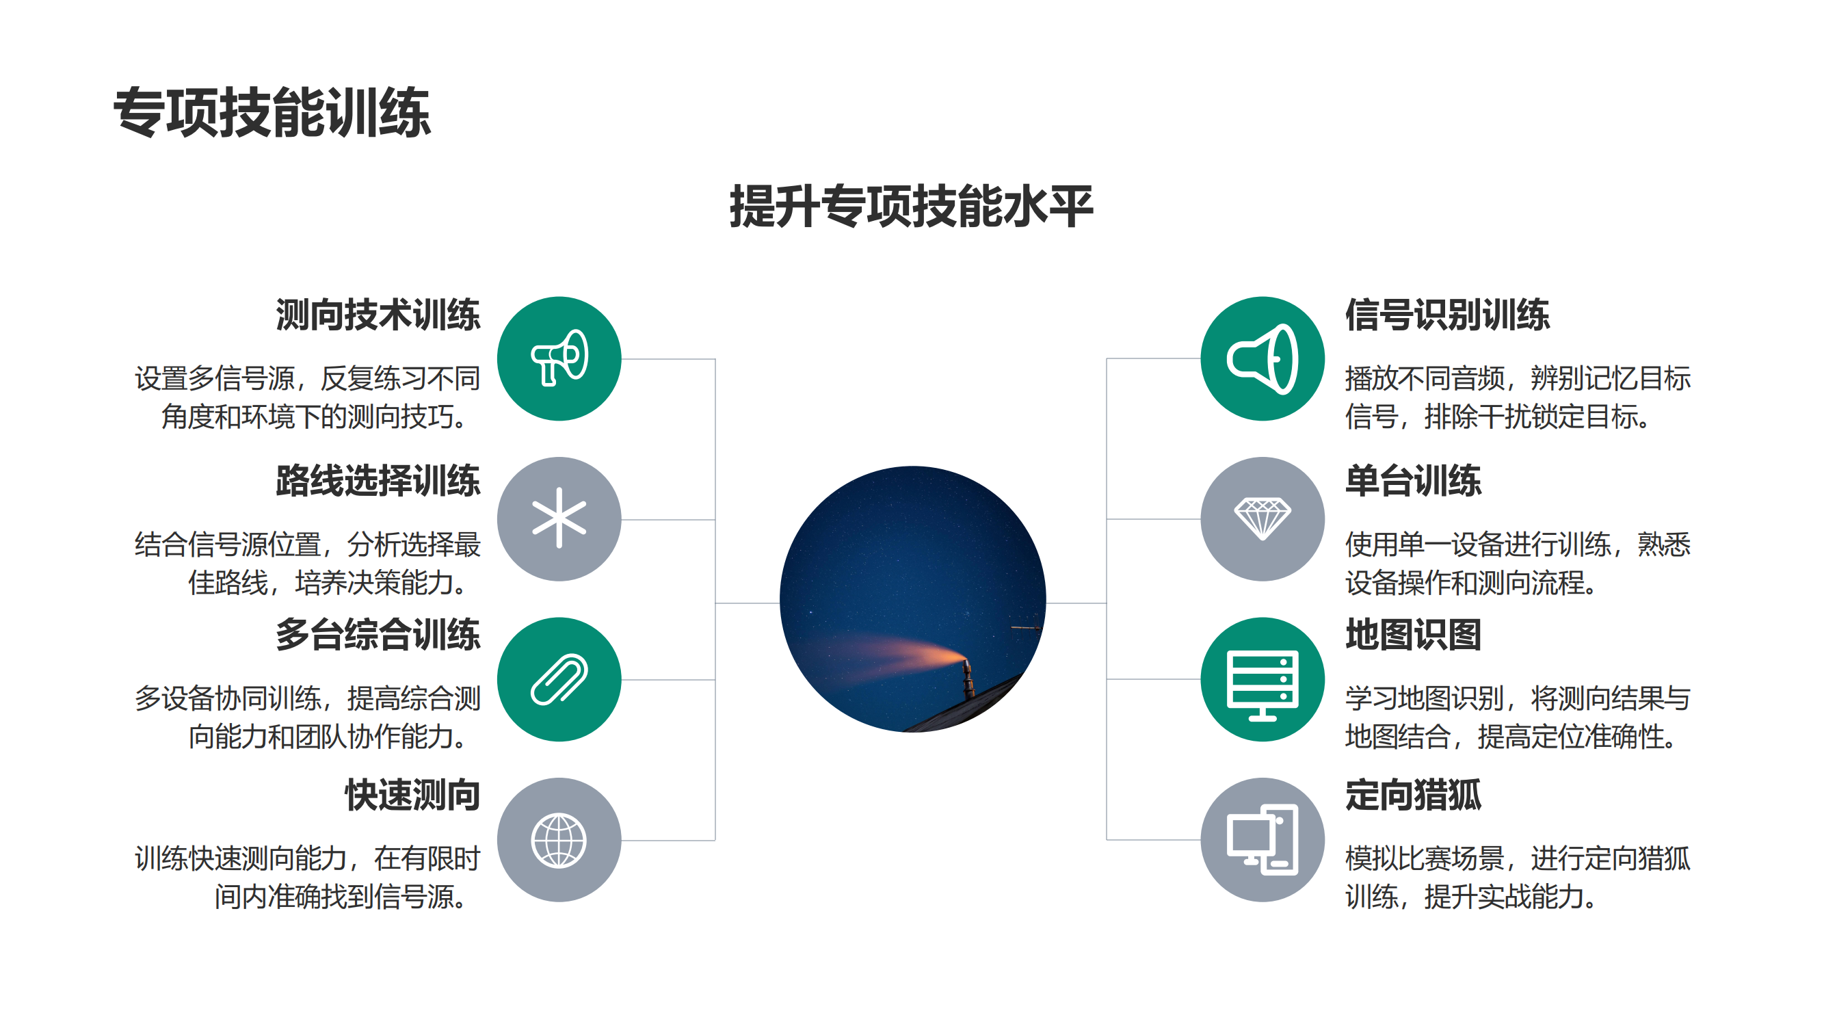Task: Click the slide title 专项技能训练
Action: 272,112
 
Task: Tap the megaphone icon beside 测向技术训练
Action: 559,358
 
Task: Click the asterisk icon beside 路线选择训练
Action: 559,518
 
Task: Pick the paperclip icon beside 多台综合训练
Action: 559,679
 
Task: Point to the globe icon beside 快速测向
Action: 559,840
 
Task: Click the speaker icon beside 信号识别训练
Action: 1262,358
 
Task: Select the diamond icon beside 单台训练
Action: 1262,518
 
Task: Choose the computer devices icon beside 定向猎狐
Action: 1262,840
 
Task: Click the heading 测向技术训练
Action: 378,315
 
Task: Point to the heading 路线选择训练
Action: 378,481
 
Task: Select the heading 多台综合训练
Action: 378,635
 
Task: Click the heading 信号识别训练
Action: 1447,315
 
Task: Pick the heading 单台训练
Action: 1414,481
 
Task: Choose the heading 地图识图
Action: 1414,635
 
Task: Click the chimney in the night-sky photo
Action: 967,679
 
